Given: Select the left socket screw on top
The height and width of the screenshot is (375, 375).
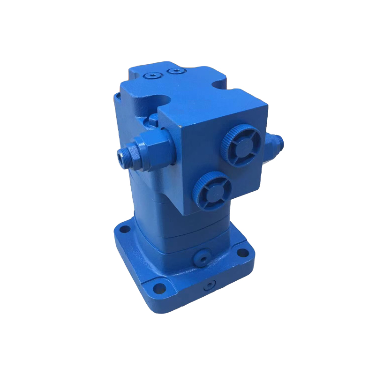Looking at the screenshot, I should (x=150, y=75).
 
